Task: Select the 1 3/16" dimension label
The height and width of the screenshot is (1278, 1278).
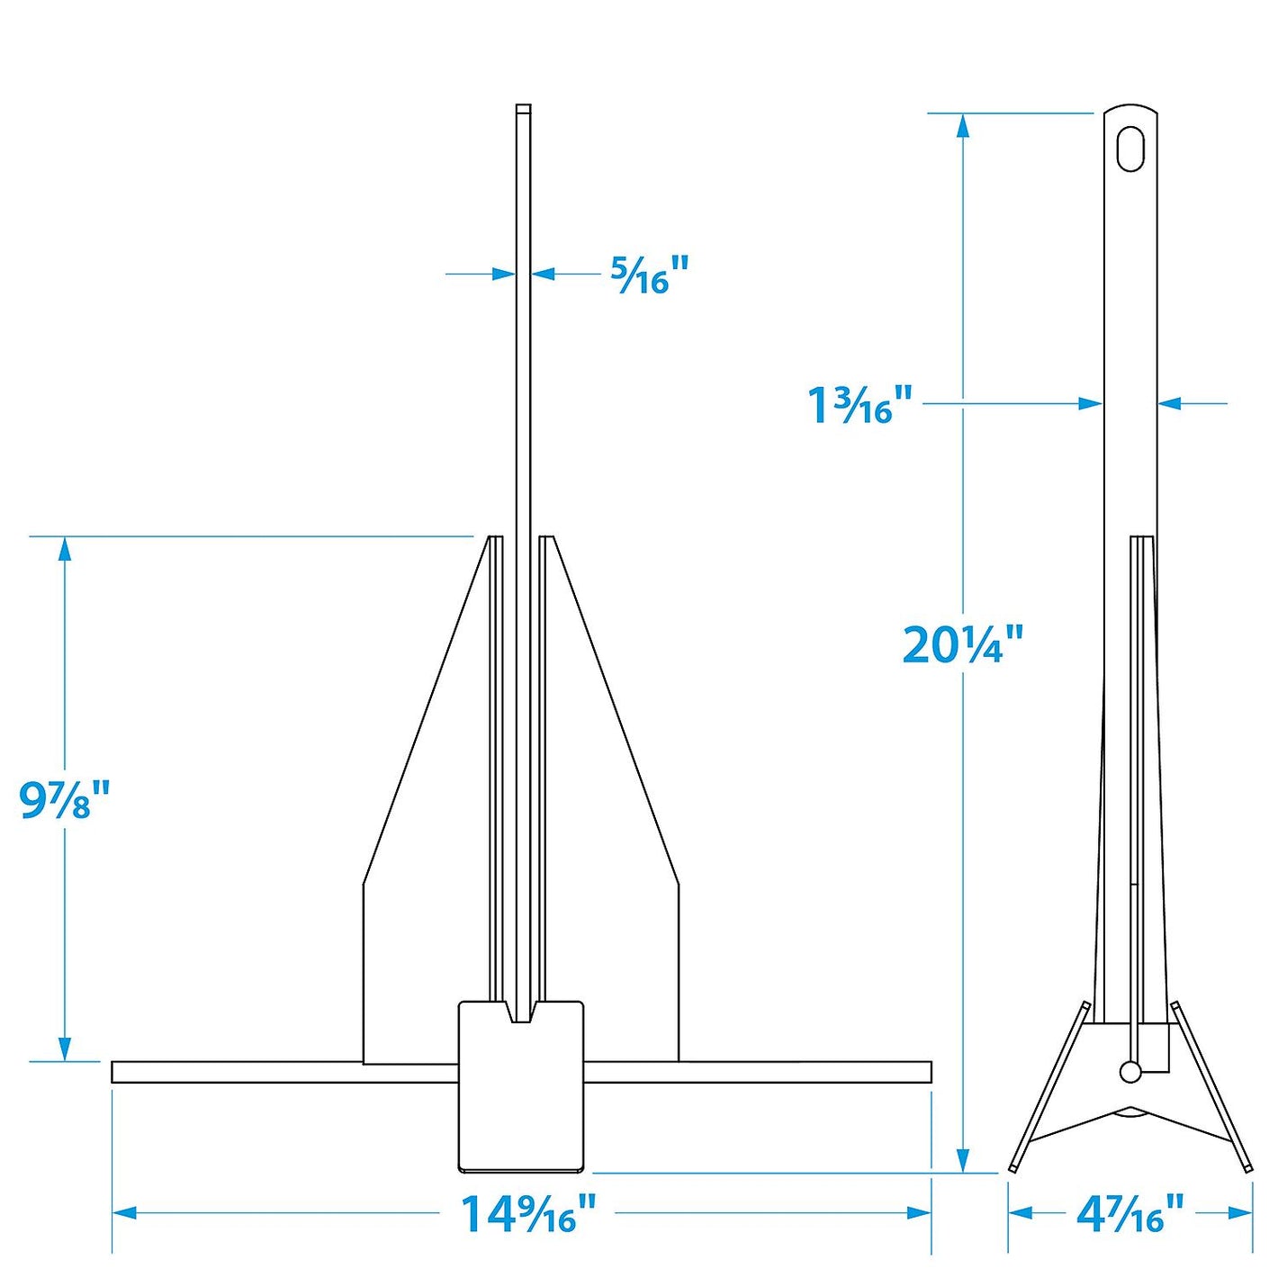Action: [859, 404]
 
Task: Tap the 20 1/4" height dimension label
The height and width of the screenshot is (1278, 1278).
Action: [962, 644]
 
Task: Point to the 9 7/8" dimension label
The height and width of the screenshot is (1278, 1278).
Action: [64, 799]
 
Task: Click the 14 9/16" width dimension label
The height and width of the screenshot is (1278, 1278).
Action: [527, 1213]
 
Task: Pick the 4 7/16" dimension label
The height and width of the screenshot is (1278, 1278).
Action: [1129, 1214]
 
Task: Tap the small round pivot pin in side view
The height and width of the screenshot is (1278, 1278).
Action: [1130, 1071]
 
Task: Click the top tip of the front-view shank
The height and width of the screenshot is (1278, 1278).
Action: [523, 109]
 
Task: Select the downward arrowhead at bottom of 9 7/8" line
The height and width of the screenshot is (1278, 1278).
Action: [65, 1048]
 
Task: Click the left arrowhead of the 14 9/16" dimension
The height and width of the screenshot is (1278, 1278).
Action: [123, 1213]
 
